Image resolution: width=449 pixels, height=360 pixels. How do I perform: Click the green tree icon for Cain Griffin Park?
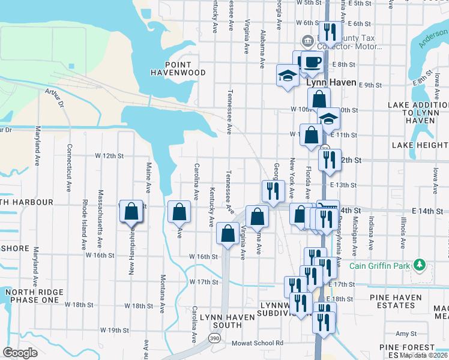420,265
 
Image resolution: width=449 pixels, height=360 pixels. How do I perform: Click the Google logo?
20,353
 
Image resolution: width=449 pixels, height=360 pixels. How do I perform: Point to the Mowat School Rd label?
258,343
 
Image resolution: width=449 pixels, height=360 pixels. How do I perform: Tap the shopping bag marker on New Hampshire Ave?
132,212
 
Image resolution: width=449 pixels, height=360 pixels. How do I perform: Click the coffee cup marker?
312,62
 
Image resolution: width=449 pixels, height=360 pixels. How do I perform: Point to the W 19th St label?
115,330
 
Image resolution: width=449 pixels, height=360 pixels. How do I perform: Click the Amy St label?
406,334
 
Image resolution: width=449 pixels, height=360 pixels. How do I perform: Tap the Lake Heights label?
420,145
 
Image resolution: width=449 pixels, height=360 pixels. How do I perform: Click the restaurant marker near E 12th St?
329,160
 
